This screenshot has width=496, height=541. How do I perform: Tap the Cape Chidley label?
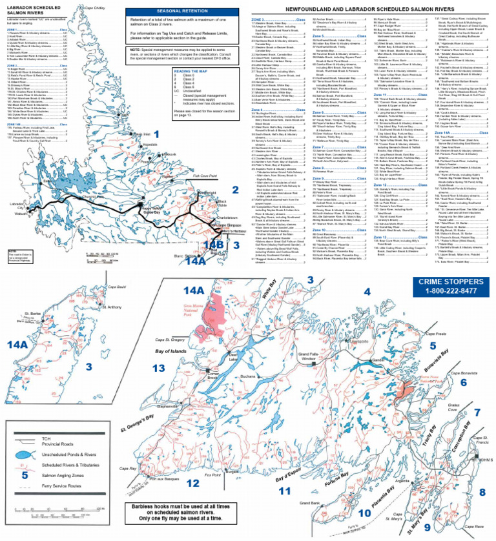[95, 8]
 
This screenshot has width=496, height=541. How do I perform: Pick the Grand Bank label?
[311, 502]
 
